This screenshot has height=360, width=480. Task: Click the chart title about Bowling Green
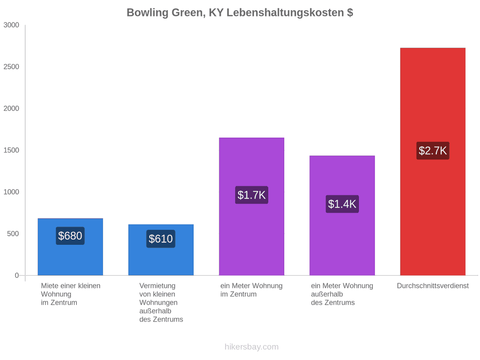point(239,13)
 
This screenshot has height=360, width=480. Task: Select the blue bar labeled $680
point(70,247)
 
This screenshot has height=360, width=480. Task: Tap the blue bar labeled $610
point(161,250)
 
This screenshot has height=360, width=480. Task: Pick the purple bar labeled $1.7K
point(252,206)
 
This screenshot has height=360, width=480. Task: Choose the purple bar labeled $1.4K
point(342,215)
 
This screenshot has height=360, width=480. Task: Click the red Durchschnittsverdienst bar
point(433,162)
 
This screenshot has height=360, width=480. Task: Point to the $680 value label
point(70,236)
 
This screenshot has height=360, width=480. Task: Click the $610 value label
point(161,239)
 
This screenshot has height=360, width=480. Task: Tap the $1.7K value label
point(252,195)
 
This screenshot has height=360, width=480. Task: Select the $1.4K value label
point(342,204)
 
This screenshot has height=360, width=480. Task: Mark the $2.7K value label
point(433,150)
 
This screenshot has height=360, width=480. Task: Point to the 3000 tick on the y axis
point(11,25)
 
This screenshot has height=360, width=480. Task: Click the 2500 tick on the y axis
point(11,67)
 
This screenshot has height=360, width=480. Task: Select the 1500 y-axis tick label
point(11,150)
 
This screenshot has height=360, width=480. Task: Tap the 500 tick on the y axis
point(13,234)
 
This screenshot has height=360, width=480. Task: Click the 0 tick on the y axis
point(17,276)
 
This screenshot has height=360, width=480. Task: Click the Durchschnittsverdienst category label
point(433,286)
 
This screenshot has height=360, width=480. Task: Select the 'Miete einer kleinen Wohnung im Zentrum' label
point(71,294)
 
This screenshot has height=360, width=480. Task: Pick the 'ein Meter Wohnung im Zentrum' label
point(251,290)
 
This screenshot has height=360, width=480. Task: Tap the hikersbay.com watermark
point(252,347)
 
